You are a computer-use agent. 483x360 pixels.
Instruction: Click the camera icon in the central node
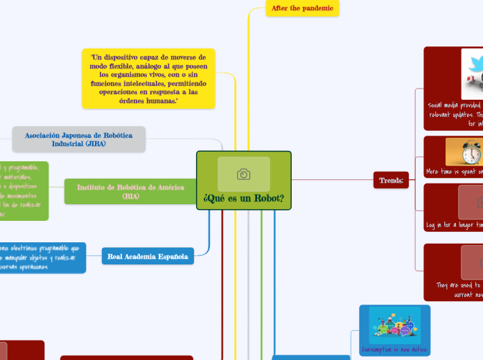coord(243,174)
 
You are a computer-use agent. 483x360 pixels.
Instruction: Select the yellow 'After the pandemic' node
coord(302,8)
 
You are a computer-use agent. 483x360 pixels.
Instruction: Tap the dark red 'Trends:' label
coord(391,181)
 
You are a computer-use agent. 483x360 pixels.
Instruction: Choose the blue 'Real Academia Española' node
coord(148,257)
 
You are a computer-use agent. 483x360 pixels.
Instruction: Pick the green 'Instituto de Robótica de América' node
coord(130,192)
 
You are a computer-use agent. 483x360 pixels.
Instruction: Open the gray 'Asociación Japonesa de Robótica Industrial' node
coord(79,139)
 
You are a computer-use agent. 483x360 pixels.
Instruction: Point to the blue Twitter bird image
coord(473,71)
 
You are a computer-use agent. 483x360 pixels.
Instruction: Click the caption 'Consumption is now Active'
coord(395,349)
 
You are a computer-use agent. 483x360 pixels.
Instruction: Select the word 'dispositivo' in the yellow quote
coord(125,57)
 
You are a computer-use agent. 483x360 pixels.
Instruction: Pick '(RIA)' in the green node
coord(130,197)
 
